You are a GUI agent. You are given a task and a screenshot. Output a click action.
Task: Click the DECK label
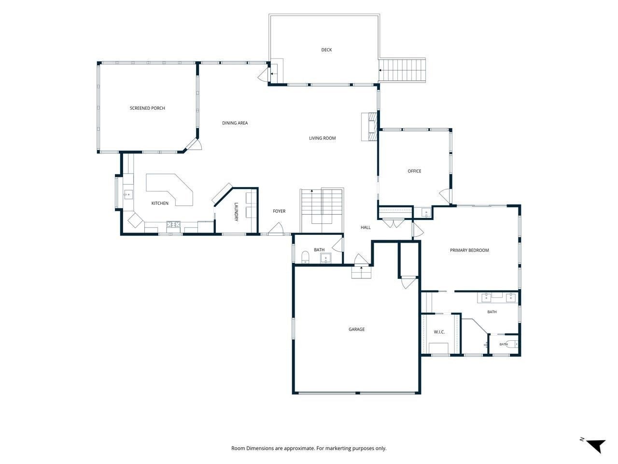click(x=326, y=50)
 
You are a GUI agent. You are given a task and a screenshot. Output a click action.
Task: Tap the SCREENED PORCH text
click(x=147, y=108)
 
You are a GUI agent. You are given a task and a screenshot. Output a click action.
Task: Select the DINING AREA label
click(x=235, y=123)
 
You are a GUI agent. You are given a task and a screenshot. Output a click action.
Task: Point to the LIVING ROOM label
click(x=322, y=138)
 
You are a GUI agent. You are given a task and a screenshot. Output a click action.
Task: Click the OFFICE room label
click(x=414, y=171)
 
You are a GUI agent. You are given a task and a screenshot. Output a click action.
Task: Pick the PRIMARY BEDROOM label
click(x=469, y=250)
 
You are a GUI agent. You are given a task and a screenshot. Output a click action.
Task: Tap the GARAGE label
click(x=356, y=329)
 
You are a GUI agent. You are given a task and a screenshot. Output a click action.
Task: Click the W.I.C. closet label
click(x=439, y=332)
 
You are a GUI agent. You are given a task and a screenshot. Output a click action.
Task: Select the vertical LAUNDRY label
click(x=236, y=212)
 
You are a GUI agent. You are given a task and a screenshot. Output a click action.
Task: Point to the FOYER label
click(x=279, y=211)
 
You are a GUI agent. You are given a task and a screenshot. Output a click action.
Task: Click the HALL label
click(x=365, y=227)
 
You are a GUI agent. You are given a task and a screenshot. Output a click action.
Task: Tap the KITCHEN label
click(x=160, y=203)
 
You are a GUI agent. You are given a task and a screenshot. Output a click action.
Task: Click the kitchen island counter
click(x=169, y=189)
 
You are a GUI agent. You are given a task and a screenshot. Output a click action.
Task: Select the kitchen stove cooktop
click(x=173, y=224)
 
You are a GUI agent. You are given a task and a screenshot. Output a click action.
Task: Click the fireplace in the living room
click(x=369, y=127)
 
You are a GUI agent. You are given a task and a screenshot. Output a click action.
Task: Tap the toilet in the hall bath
click(x=305, y=257)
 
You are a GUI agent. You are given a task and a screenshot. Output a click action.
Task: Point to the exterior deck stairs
click(x=402, y=70)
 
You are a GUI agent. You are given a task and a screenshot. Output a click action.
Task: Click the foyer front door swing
click(x=275, y=229)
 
